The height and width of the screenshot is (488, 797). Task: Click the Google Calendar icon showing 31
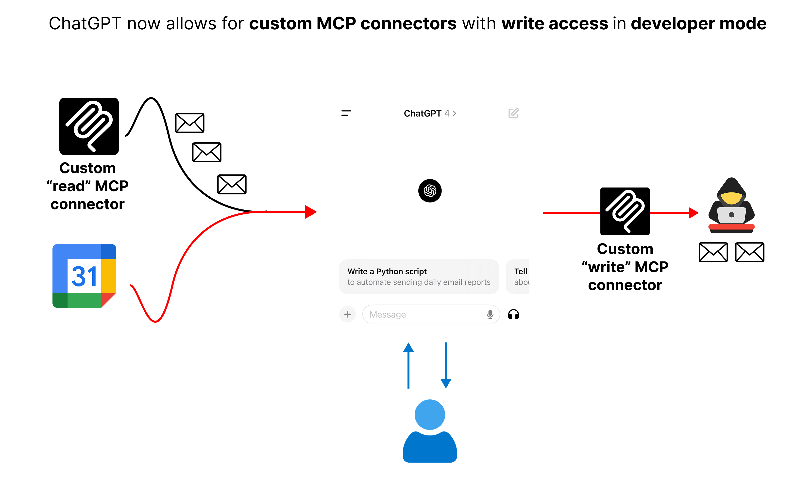[85, 276]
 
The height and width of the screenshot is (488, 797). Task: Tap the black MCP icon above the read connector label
[89, 126]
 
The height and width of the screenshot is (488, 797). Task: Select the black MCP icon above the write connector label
[625, 211]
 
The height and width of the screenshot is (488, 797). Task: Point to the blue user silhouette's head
[430, 414]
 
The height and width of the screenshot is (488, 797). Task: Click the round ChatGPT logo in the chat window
[430, 191]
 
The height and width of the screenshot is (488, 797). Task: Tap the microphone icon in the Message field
[490, 314]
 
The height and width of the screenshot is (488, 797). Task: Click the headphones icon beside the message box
[513, 314]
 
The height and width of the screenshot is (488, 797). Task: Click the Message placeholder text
[388, 314]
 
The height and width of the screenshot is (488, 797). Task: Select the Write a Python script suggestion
[419, 277]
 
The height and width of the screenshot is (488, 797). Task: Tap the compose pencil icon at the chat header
[513, 113]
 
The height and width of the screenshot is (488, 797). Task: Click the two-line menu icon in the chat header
[346, 113]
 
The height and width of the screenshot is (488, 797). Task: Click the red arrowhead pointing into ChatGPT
[310, 212]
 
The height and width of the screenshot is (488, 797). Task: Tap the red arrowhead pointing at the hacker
[693, 213]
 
